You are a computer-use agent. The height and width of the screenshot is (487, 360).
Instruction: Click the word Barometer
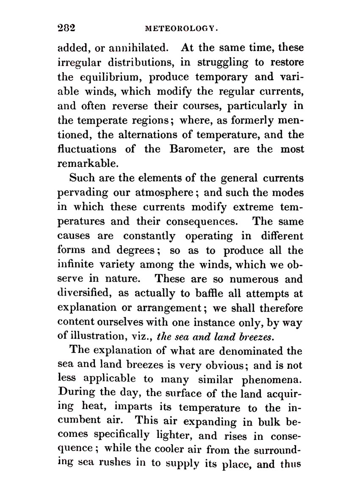pyautogui.click(x=197, y=149)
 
